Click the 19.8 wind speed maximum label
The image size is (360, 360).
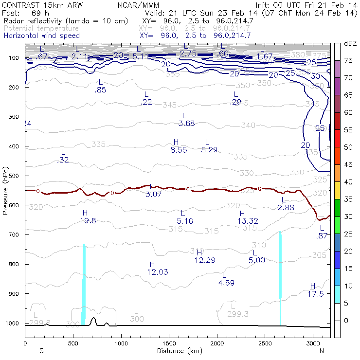coord(88,220)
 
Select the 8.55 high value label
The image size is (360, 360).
coord(179,150)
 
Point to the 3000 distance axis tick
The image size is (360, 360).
coord(312,343)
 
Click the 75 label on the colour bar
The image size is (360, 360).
coord(348,61)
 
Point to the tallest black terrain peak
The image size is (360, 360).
coord(93,319)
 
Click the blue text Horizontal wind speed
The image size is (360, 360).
coord(41,36)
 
